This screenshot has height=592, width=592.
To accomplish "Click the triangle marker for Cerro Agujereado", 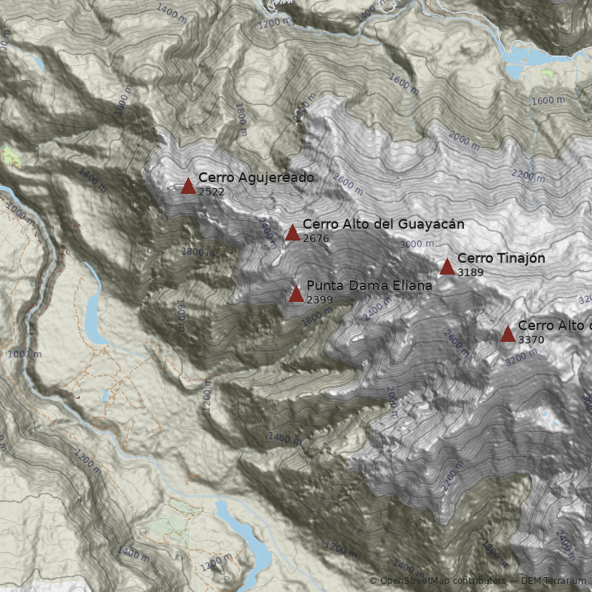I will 188,186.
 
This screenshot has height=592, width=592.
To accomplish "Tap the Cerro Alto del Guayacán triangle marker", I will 292,233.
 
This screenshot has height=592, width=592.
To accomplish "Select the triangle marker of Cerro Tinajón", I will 447,267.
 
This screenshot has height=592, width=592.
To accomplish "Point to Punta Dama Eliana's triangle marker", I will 296,295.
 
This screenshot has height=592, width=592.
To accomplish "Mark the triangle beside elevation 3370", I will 508,334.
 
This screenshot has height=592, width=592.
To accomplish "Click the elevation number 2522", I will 211,192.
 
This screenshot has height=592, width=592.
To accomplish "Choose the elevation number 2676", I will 316,238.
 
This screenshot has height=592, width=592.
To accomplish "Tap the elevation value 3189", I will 471,272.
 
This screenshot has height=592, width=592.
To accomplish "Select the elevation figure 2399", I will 319,300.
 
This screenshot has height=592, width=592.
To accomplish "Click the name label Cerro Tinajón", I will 501,258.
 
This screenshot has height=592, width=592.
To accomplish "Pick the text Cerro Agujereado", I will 256,178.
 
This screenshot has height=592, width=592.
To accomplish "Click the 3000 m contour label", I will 417,244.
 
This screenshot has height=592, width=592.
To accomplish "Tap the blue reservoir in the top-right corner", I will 527,54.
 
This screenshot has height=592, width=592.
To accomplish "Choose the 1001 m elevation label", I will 24,354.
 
